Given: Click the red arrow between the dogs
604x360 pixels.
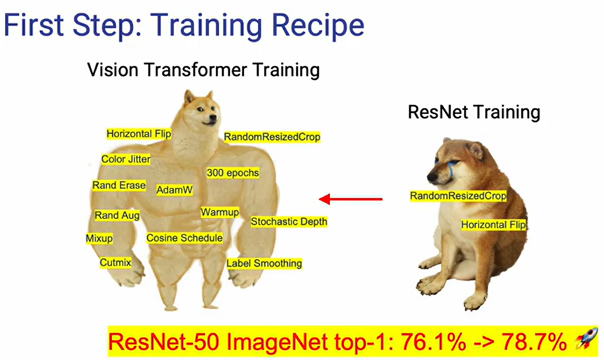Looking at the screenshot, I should [x=350, y=200].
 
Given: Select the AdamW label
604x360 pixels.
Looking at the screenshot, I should [x=174, y=190].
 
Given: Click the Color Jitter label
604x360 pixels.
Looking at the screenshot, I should [x=125, y=159].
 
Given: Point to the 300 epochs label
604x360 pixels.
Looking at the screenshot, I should [x=233, y=172].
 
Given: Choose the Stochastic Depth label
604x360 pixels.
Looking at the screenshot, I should [x=289, y=221].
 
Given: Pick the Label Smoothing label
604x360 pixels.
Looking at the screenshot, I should [x=264, y=263].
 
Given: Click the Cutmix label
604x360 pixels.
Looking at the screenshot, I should [x=115, y=263].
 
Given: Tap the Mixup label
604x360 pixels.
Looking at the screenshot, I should [x=99, y=238].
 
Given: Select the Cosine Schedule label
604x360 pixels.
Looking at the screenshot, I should [x=184, y=238].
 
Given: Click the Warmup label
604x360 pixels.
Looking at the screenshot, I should [x=220, y=212].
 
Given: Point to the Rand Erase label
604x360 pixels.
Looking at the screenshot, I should [x=119, y=186].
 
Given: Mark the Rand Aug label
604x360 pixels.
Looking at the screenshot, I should [x=117, y=216].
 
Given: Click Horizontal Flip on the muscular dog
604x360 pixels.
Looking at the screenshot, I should [x=139, y=133].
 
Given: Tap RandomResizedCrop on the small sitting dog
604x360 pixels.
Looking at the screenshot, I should [x=458, y=196].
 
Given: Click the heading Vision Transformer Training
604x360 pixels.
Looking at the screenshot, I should [x=203, y=70].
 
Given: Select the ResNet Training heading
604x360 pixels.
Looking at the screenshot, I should [x=474, y=112].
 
